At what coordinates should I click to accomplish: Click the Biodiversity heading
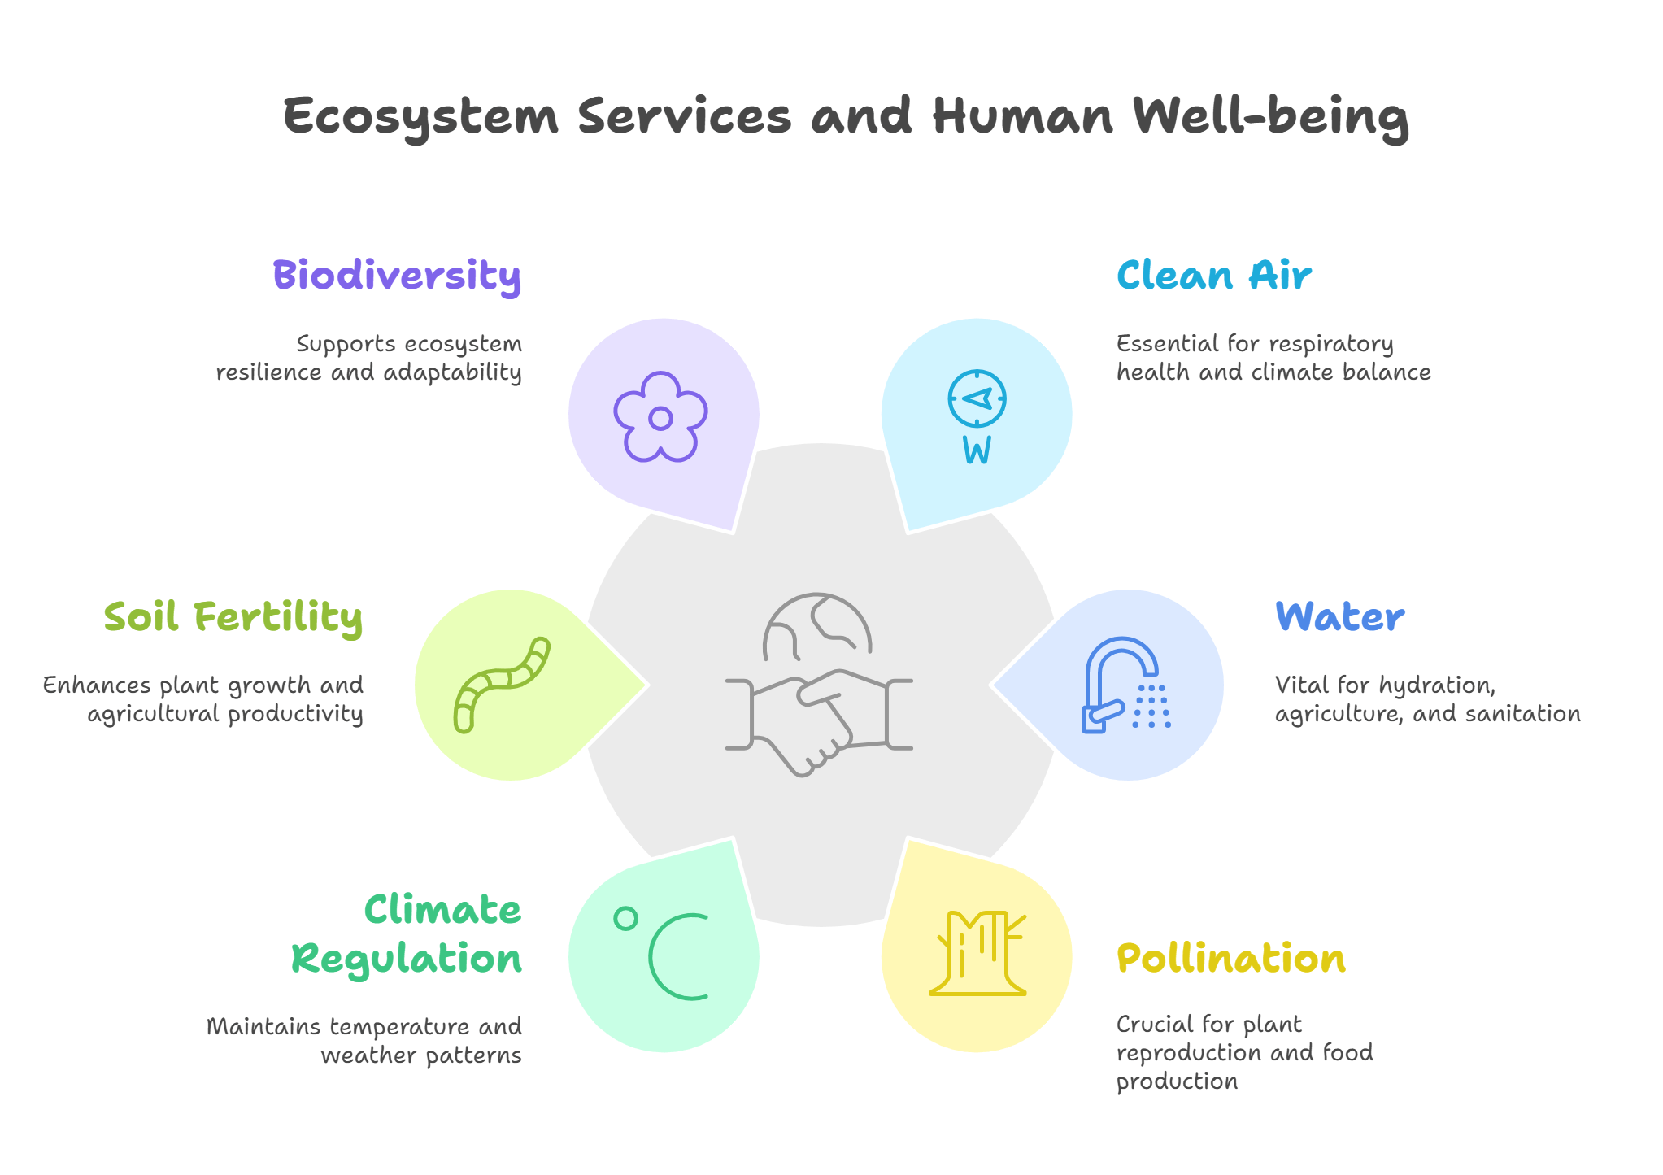pos(397,276)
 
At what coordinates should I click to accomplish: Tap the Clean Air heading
pos(1213,276)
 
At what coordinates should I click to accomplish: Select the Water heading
pos(1339,617)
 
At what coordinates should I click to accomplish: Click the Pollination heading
pos(1231,959)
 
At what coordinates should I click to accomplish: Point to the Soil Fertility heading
pos(233,617)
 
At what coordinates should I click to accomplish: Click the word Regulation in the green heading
pos(407,959)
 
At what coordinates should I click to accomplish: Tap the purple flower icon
pos(660,417)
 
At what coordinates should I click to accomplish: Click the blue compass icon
pos(977,398)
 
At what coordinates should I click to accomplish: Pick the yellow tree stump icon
pos(977,954)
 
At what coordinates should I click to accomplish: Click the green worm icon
pos(501,684)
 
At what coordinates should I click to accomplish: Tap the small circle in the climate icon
pos(625,918)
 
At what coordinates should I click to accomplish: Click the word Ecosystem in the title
pos(421,116)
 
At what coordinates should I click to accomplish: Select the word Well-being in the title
pos(1270,116)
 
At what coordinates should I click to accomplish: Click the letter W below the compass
pos(977,450)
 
